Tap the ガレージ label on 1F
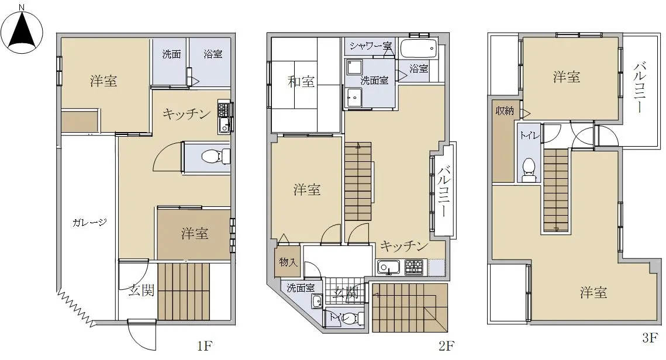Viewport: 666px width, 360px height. point(89,222)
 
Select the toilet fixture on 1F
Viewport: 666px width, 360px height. point(215,156)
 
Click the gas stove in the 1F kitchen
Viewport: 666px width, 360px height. point(223,109)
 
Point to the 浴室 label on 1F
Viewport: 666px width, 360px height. point(213,54)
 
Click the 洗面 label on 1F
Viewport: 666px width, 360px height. point(171,54)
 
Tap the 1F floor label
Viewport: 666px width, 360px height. point(204,346)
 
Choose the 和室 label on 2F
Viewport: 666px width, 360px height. point(301,81)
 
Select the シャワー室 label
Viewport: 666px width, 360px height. point(371,46)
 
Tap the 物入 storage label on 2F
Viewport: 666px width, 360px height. point(288,262)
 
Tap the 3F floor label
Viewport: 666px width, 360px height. point(650,338)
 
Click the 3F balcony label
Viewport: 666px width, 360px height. point(640,88)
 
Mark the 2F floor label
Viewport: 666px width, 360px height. point(446,346)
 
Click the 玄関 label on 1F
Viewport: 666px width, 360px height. point(141,291)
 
